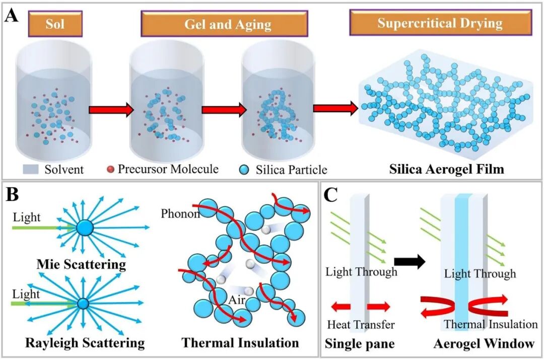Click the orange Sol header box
[x=55, y=24]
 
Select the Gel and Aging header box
[x=225, y=24]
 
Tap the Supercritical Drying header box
[x=441, y=23]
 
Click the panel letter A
[x=12, y=16]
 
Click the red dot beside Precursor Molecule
[x=110, y=169]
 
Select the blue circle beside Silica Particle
[x=244, y=170]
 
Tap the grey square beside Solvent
[x=31, y=169]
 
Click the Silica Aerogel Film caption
[x=446, y=169]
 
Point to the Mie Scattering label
[x=81, y=264]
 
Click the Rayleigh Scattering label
[x=85, y=343]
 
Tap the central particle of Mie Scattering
[x=85, y=228]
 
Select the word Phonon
[x=180, y=213]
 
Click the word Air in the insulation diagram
[x=237, y=299]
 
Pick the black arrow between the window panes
[x=410, y=261]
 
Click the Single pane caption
[x=360, y=344]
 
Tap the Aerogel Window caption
[x=484, y=343]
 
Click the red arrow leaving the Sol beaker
[x=111, y=110]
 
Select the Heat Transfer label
[x=361, y=325]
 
